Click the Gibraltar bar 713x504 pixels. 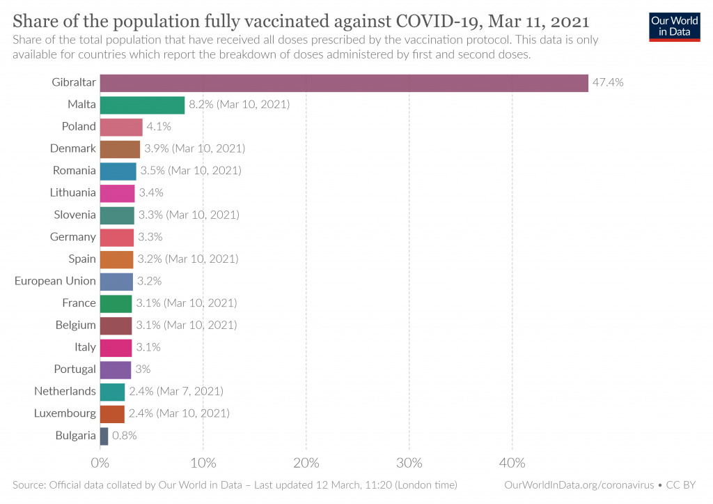pyautogui.click(x=344, y=83)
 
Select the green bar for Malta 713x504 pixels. pyautogui.click(x=142, y=105)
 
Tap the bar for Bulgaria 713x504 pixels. pyautogui.click(x=104, y=436)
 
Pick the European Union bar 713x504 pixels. pyautogui.click(x=116, y=281)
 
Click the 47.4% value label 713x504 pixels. pyautogui.click(x=608, y=82)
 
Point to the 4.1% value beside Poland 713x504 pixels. pyautogui.click(x=158, y=126)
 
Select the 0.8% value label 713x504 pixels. pyautogui.click(x=125, y=436)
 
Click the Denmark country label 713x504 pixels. pyautogui.click(x=73, y=148)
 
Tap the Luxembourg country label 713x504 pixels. pyautogui.click(x=65, y=413)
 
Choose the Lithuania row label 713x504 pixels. pyautogui.click(x=73, y=192)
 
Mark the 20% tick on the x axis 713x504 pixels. pyautogui.click(x=306, y=463)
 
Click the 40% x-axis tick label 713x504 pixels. pyautogui.click(x=512, y=463)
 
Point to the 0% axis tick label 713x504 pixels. pyautogui.click(x=100, y=463)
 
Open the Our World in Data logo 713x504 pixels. pyautogui.click(x=674, y=26)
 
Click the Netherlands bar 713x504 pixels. pyautogui.click(x=112, y=392)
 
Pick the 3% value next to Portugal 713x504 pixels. pyautogui.click(x=143, y=369)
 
